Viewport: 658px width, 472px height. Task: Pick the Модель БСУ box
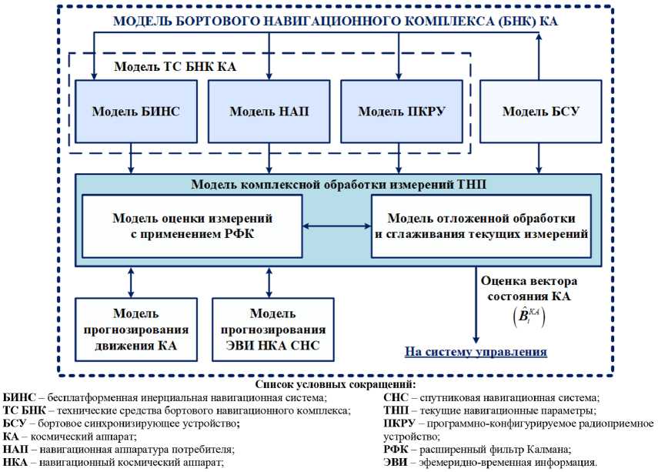pyautogui.click(x=540, y=112)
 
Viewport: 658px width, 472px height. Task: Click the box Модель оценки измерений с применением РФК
pyautogui.click(x=192, y=226)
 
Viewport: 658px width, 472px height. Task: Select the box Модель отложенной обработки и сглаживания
pyautogui.click(x=482, y=226)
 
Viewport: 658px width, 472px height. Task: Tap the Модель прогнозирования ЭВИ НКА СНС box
pyautogui.click(x=274, y=329)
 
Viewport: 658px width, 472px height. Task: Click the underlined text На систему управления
pyautogui.click(x=476, y=352)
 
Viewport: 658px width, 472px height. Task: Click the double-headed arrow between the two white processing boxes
pyautogui.click(x=336, y=226)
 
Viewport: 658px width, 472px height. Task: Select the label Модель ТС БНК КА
pyautogui.click(x=175, y=66)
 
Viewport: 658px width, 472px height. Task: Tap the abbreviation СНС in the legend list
pyautogui.click(x=397, y=397)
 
